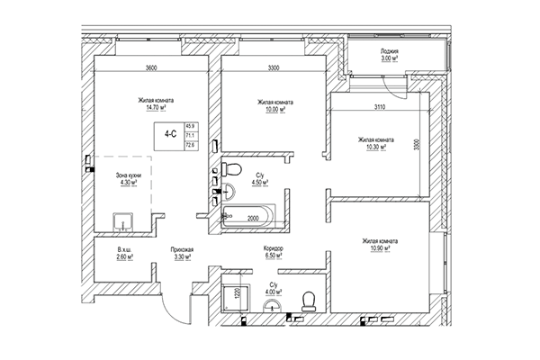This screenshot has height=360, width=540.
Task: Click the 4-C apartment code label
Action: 169,133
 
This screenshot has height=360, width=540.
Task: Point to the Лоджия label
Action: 390,53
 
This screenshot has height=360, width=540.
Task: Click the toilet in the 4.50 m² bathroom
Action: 230,170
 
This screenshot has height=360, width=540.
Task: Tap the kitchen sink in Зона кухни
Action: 121,221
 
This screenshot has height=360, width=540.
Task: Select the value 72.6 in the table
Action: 191,143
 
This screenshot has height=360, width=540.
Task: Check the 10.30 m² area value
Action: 374,148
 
